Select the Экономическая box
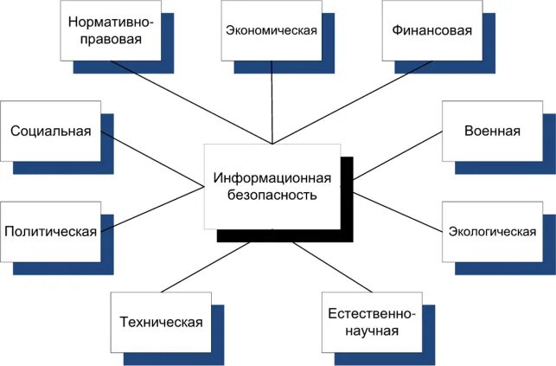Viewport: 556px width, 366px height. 271,30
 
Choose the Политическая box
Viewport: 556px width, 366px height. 50,231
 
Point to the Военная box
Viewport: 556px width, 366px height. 491,132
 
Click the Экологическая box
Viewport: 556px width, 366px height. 491,231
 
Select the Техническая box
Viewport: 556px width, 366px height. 161,323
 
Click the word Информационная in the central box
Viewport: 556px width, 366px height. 272,178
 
